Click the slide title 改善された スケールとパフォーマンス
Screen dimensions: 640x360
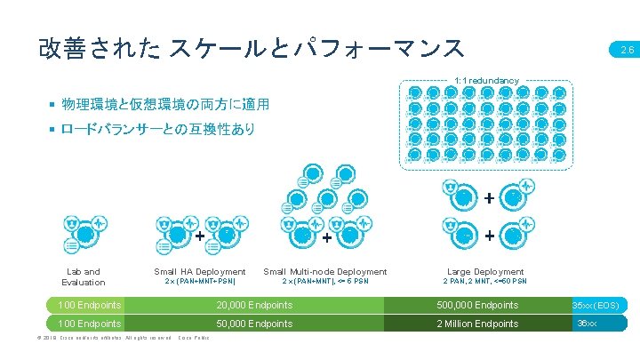tap(251, 46)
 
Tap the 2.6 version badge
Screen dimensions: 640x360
tap(625, 51)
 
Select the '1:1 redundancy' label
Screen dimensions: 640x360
tap(485, 81)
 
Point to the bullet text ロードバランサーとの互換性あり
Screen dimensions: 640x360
tap(157, 130)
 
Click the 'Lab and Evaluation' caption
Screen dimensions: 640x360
tap(84, 276)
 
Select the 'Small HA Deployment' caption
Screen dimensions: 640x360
tap(200, 271)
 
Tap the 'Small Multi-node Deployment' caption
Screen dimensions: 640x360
tap(325, 271)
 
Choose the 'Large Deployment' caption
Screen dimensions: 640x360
tap(484, 271)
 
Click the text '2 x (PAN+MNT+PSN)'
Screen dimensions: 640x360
tap(200, 282)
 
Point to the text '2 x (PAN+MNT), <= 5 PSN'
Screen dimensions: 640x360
tap(325, 282)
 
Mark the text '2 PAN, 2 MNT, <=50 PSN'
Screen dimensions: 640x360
tap(484, 282)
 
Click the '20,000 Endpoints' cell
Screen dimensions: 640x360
tap(254, 305)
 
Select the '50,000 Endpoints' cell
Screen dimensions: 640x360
tap(254, 324)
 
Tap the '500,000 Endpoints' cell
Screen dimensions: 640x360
tap(477, 305)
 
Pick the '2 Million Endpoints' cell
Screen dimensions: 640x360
tap(477, 324)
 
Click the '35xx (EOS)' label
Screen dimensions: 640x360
tap(603, 305)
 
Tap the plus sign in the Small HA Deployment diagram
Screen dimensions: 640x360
tap(199, 236)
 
